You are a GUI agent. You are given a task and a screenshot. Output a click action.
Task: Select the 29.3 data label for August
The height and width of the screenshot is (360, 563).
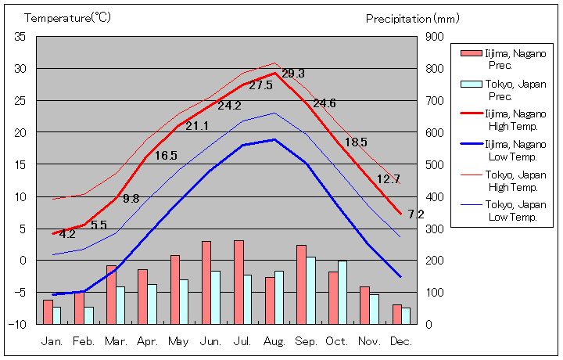coord(293,73)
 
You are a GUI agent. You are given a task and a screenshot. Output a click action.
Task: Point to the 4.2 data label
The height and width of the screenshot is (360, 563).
coord(67,233)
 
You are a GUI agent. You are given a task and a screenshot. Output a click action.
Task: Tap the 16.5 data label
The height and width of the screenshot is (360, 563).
coord(166,156)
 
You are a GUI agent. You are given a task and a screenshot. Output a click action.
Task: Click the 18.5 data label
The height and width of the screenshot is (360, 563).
coord(356,142)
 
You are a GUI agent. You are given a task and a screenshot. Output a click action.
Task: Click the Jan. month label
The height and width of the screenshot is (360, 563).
coord(52,341)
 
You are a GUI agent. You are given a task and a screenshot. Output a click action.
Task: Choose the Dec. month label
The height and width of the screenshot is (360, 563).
coord(401,341)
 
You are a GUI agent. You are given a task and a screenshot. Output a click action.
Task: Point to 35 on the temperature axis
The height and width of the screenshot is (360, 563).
coord(20,37)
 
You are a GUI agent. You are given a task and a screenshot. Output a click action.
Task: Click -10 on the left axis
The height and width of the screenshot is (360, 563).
coord(19,323)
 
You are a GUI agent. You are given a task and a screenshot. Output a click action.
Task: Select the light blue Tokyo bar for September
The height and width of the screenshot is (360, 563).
coord(310,290)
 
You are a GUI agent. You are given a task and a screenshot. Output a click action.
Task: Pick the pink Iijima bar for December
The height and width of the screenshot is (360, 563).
coord(396,314)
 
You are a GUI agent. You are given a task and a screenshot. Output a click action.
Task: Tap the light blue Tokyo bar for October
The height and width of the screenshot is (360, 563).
coord(342,292)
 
